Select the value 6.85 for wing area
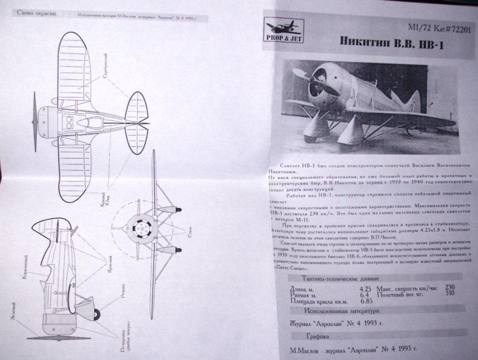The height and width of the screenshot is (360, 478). click(368, 300)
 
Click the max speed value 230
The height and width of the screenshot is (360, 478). click(449, 287)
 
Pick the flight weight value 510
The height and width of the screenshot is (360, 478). click(449, 293)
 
